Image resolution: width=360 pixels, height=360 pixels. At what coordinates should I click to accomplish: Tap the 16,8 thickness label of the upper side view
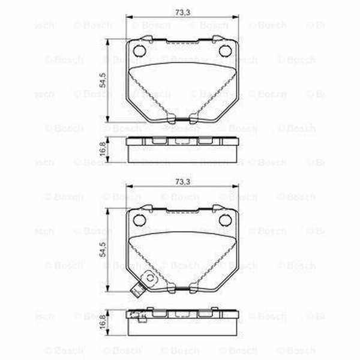click(103, 148)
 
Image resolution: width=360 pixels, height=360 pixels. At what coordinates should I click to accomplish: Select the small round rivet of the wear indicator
click(146, 279)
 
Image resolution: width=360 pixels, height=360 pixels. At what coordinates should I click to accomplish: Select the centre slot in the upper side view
click(182, 142)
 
